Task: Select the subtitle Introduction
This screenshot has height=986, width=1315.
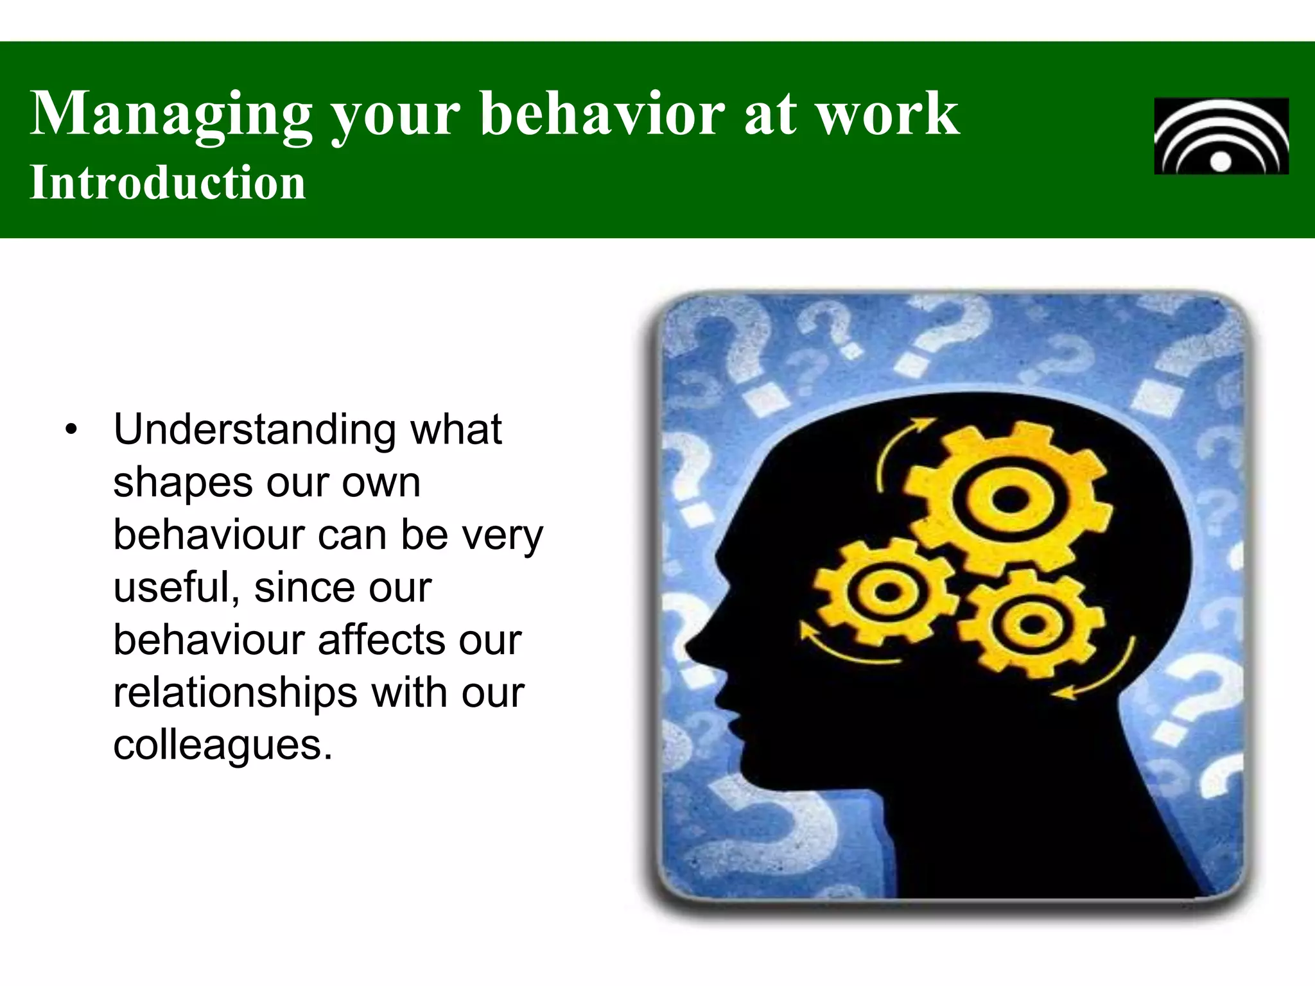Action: tap(168, 183)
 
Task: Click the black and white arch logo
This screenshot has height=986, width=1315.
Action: tap(1221, 136)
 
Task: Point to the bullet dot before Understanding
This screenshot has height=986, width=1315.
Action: tap(71, 430)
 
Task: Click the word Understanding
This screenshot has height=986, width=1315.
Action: tap(254, 430)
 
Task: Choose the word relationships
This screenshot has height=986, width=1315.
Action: tap(235, 693)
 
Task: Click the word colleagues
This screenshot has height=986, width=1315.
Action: tap(222, 746)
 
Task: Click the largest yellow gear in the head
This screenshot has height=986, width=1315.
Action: tap(1009, 499)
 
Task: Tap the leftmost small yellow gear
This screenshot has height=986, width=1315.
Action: tap(886, 592)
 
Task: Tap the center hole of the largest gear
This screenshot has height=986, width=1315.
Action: tap(1009, 499)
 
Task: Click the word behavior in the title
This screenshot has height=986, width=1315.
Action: tap(604, 114)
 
